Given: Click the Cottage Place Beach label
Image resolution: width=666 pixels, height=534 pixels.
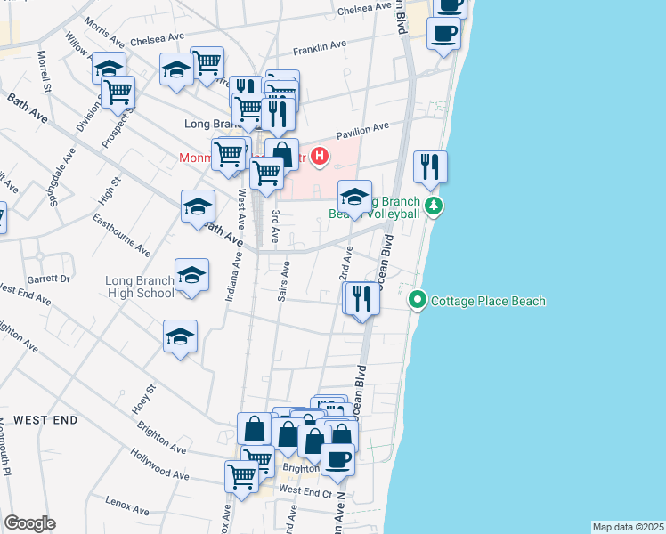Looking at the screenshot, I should [x=488, y=301].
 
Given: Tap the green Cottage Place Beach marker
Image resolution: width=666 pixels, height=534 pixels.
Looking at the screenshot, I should [x=418, y=301].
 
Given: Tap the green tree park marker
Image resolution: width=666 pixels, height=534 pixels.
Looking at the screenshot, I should [x=434, y=206].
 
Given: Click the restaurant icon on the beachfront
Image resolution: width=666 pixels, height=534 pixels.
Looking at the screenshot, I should [x=430, y=166].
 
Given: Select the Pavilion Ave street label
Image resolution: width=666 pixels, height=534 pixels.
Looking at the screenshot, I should [x=361, y=129].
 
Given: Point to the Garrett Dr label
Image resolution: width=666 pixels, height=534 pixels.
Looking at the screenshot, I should [x=53, y=278].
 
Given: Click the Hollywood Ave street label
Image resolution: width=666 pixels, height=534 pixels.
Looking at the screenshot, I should [x=158, y=465].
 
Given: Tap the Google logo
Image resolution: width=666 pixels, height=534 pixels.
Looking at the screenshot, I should [x=29, y=523].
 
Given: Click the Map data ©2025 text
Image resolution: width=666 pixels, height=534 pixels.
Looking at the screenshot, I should [x=628, y=527].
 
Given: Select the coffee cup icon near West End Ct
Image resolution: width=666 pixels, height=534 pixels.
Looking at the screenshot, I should [x=337, y=459].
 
